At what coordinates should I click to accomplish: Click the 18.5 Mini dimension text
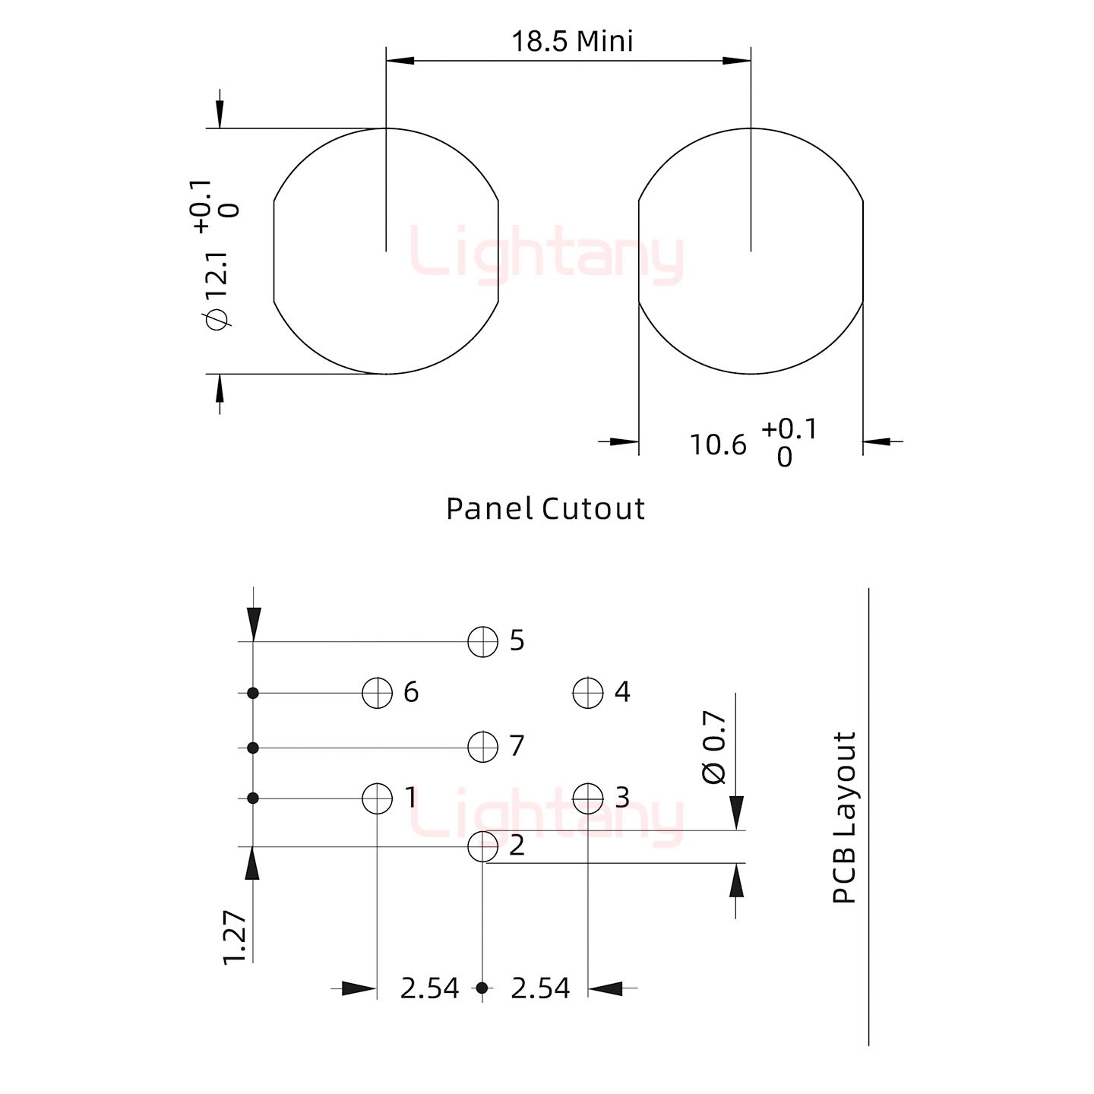572,42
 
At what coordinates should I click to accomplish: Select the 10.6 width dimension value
718,445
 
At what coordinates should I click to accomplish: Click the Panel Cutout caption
545,508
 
